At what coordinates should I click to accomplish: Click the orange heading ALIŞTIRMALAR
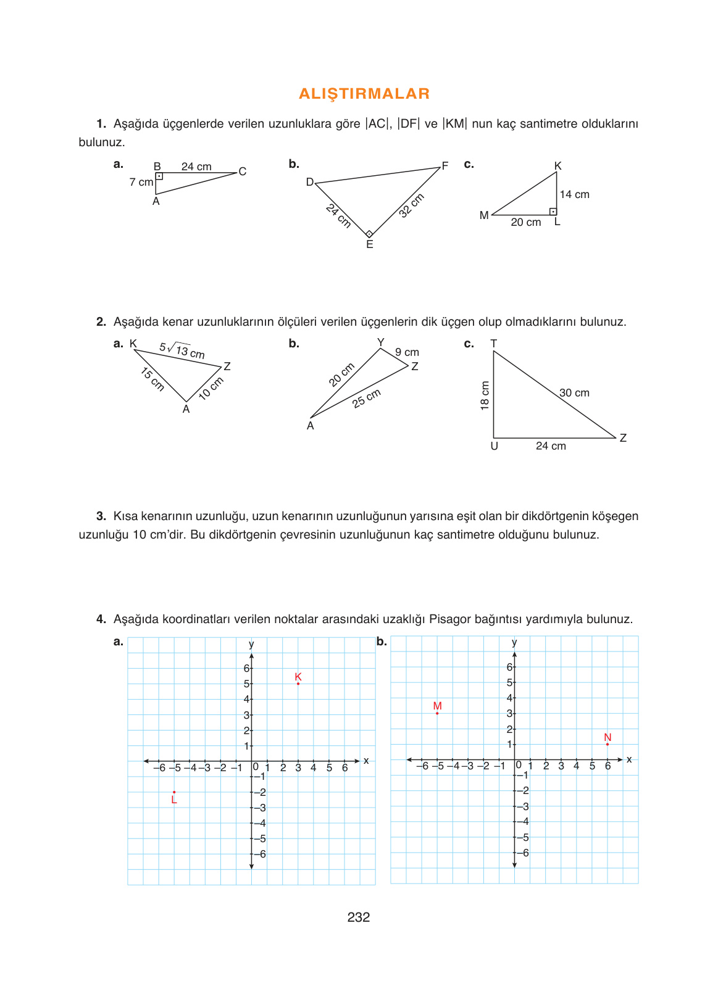(x=364, y=94)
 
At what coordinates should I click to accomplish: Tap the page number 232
(x=358, y=917)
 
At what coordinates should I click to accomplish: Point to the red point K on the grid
(x=298, y=683)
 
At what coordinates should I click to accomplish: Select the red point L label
(x=174, y=800)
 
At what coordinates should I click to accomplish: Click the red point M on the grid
(x=437, y=713)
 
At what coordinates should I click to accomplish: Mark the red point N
(x=607, y=744)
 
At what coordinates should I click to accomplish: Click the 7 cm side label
(x=141, y=182)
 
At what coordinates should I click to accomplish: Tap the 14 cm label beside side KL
(x=574, y=194)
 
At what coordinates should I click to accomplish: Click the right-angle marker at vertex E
(x=369, y=234)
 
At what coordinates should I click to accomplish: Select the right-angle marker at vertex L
(x=553, y=212)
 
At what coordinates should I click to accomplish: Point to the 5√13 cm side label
(x=182, y=350)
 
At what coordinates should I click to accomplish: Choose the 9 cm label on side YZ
(x=407, y=352)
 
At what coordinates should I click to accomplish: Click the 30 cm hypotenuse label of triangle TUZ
(x=574, y=393)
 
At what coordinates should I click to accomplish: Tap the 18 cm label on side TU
(x=485, y=395)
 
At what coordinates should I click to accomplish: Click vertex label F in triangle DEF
(x=445, y=166)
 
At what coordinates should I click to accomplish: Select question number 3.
(x=101, y=516)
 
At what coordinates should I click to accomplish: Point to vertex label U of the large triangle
(x=494, y=446)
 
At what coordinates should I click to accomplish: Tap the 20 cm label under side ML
(x=525, y=222)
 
